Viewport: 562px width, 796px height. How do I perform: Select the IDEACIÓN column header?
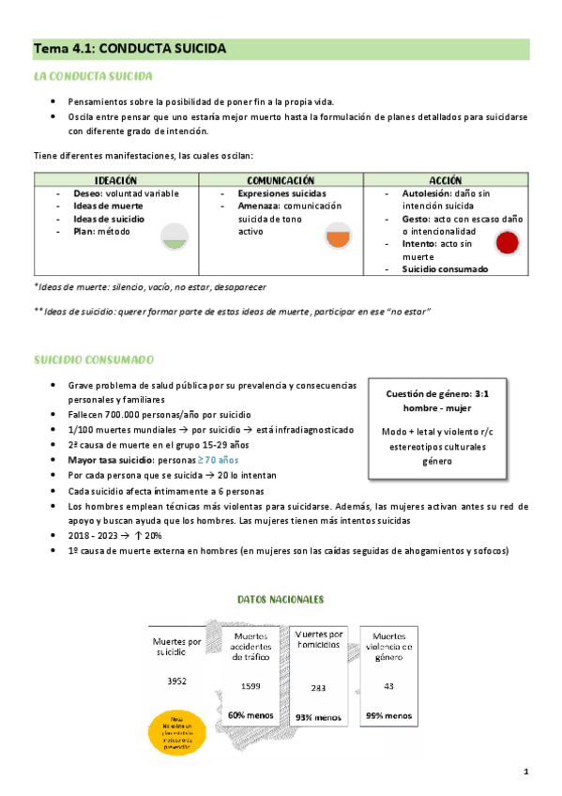point(116,179)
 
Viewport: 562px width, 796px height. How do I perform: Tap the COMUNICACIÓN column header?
point(281,179)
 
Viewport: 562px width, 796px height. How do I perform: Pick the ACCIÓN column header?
point(445,179)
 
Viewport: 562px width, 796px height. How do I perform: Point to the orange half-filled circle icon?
point(338,237)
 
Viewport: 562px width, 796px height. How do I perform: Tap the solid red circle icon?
point(507,243)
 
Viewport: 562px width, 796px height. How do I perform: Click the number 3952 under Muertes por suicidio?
point(178,679)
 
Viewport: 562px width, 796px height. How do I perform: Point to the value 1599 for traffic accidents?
point(251,686)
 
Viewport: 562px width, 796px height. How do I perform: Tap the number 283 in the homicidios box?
point(318,687)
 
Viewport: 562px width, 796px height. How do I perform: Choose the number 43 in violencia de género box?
point(388,686)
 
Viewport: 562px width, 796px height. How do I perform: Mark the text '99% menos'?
point(388,715)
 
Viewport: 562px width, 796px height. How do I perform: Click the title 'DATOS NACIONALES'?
point(281,598)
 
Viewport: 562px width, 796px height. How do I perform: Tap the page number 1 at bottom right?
point(526,772)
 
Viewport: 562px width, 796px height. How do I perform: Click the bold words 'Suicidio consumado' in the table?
point(445,268)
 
